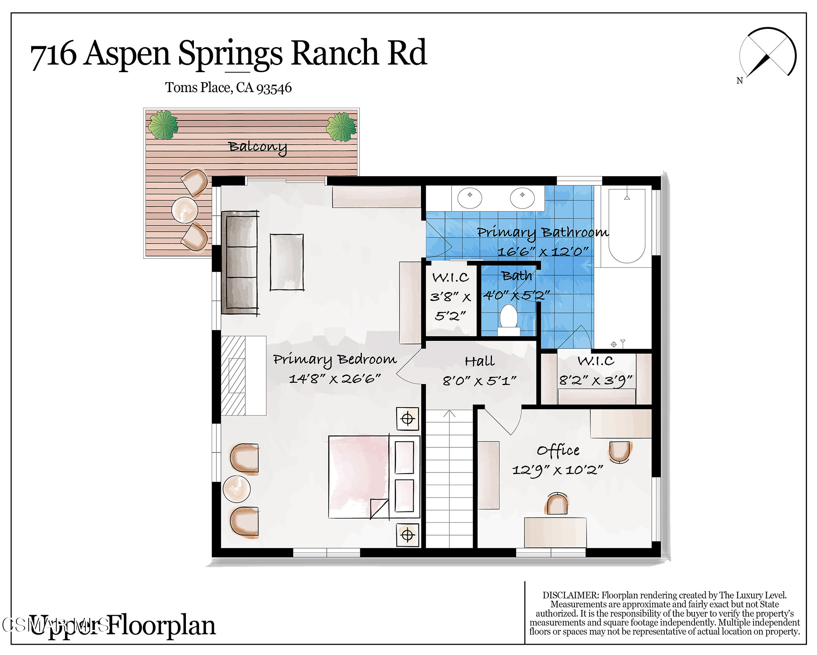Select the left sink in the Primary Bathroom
[x=470, y=197]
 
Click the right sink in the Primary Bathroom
[x=522, y=197]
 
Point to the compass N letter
[x=739, y=81]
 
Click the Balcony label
[x=257, y=147]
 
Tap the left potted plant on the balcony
[x=163, y=125]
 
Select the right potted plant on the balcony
[x=341, y=127]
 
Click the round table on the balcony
[x=184, y=209]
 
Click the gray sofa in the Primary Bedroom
[x=239, y=262]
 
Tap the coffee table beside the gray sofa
[x=286, y=262]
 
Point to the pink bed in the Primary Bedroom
[x=358, y=477]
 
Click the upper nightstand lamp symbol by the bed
[x=407, y=419]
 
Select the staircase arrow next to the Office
[x=449, y=415]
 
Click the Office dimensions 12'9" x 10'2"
[x=557, y=470]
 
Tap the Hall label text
[x=480, y=362]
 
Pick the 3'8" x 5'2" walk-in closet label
[x=451, y=297]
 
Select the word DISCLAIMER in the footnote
[x=570, y=595]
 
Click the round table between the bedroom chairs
[x=237, y=489]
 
